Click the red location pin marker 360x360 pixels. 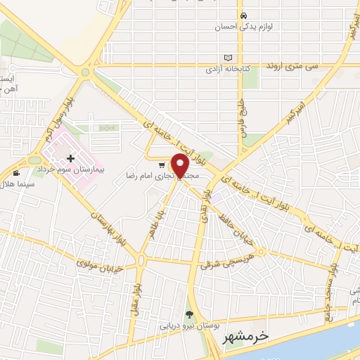(181, 165)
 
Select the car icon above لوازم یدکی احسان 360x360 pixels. (243, 15)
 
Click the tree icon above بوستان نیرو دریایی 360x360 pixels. (188, 314)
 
